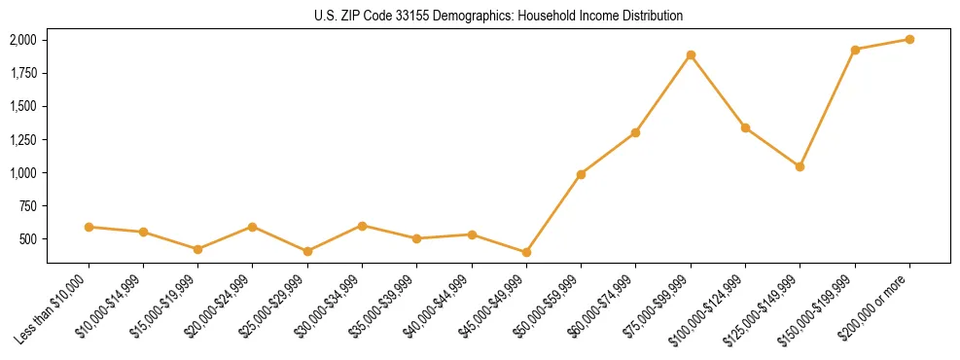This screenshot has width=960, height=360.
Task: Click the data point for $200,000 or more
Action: point(909,39)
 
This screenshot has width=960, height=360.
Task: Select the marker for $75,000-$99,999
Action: point(691,54)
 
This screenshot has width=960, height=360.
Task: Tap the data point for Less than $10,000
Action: point(89,227)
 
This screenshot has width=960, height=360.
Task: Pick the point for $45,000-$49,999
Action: point(526,252)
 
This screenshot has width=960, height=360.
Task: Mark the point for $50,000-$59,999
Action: point(581,174)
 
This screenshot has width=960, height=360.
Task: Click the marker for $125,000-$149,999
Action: point(800,166)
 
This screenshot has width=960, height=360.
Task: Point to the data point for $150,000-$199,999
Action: point(855,50)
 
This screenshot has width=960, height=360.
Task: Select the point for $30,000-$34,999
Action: point(362,226)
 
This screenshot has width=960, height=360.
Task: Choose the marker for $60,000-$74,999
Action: point(635,132)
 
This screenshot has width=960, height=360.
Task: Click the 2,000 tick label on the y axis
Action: point(22,40)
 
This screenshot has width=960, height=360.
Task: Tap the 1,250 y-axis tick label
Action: point(22,139)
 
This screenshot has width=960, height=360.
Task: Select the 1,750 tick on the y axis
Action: point(22,73)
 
